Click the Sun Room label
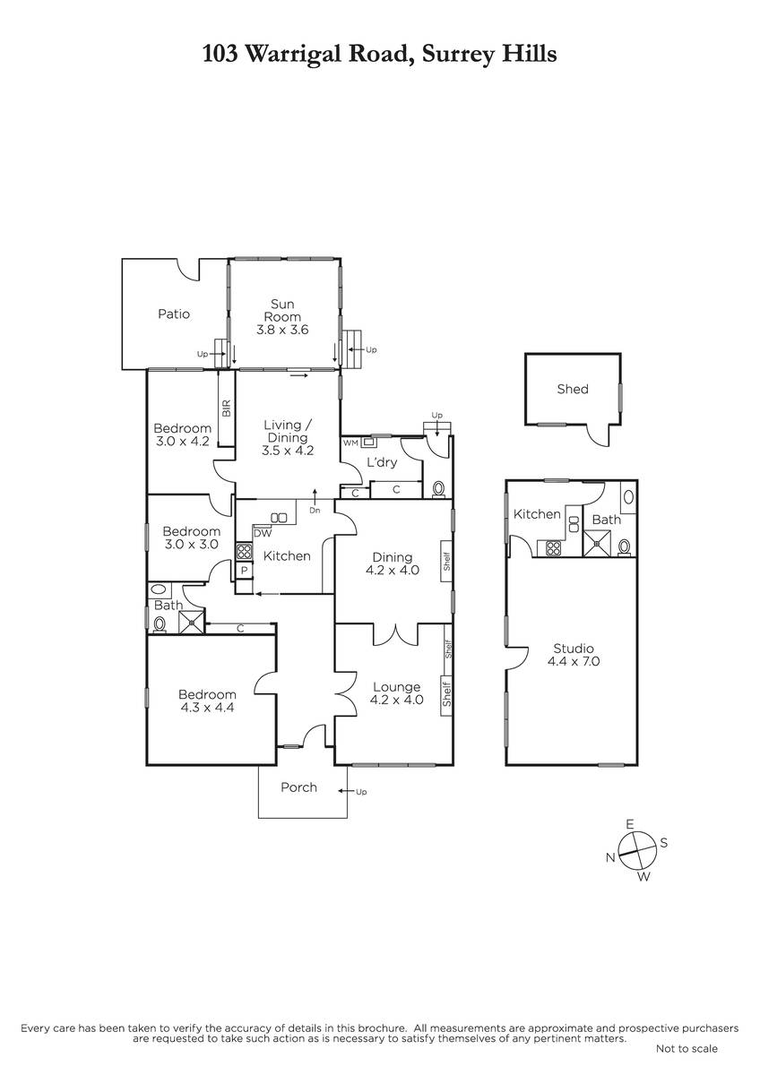[x=282, y=310]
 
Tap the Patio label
[x=174, y=314]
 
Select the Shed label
[x=573, y=389]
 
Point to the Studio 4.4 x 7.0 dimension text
[x=574, y=661]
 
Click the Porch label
[x=298, y=787]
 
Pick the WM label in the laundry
[x=350, y=443]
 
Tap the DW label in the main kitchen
[x=263, y=533]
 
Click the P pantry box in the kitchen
[x=244, y=571]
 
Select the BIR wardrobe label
[x=227, y=408]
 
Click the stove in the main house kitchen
[x=244, y=551]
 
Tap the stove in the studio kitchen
[x=554, y=548]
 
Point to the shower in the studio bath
[x=597, y=543]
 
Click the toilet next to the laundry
[x=438, y=489]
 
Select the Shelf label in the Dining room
[x=447, y=561]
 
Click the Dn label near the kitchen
[x=315, y=511]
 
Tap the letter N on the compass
[x=610, y=857]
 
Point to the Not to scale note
[x=687, y=1049]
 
